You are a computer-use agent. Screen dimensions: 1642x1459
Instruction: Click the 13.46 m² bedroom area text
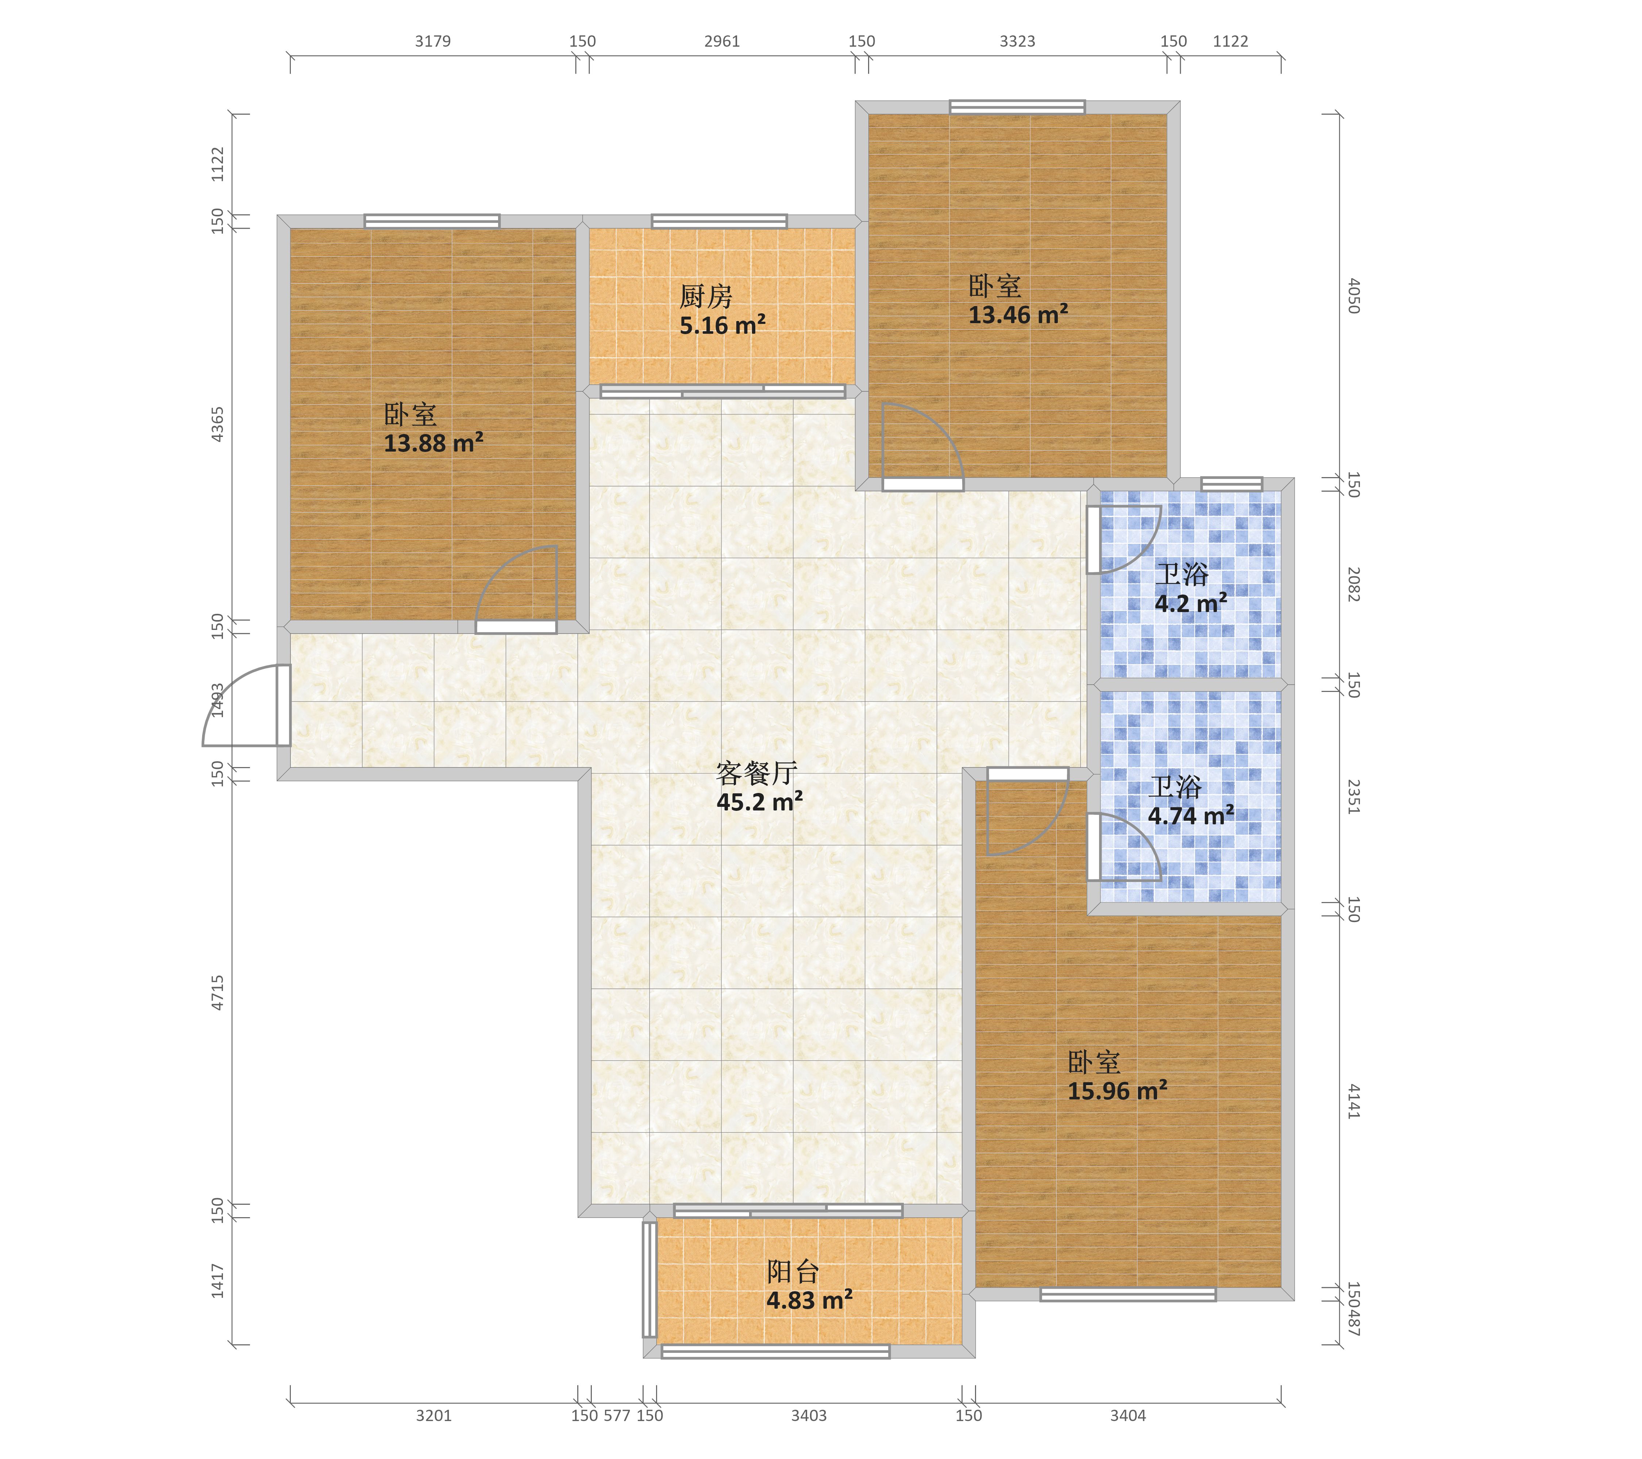(1018, 314)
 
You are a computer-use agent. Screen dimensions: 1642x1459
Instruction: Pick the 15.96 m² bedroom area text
(1117, 1091)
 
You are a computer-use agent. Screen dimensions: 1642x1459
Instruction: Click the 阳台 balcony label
(793, 1271)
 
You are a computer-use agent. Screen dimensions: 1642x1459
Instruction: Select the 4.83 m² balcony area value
(809, 1300)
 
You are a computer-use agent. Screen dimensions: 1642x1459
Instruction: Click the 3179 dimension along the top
(433, 41)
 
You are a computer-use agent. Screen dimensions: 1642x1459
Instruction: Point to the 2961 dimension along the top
(721, 41)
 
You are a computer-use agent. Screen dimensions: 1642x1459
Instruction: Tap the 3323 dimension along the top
(1017, 41)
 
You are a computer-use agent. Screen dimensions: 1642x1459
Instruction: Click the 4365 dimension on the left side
(218, 424)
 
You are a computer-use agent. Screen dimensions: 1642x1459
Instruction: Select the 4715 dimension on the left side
(218, 992)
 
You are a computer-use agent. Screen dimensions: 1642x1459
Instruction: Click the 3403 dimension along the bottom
(808, 1416)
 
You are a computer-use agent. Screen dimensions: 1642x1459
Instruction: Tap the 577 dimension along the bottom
(617, 1416)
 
